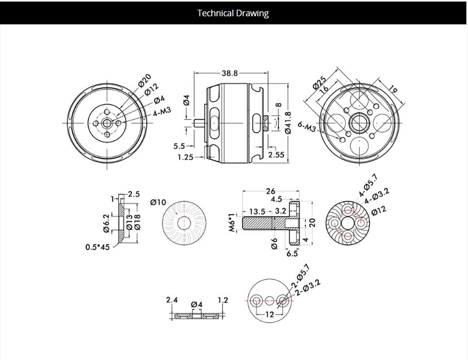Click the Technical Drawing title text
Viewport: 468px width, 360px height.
(x=233, y=13)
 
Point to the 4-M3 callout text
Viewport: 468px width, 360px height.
(x=161, y=112)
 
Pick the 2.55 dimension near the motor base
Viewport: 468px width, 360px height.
(x=276, y=155)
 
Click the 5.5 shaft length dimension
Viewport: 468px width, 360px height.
(x=179, y=146)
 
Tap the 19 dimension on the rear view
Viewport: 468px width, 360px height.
(x=394, y=89)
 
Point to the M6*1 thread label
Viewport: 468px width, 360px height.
(x=230, y=222)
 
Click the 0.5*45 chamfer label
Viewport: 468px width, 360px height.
(x=97, y=247)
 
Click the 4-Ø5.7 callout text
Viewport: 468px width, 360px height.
(x=368, y=186)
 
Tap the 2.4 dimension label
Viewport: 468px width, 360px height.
(x=173, y=300)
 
